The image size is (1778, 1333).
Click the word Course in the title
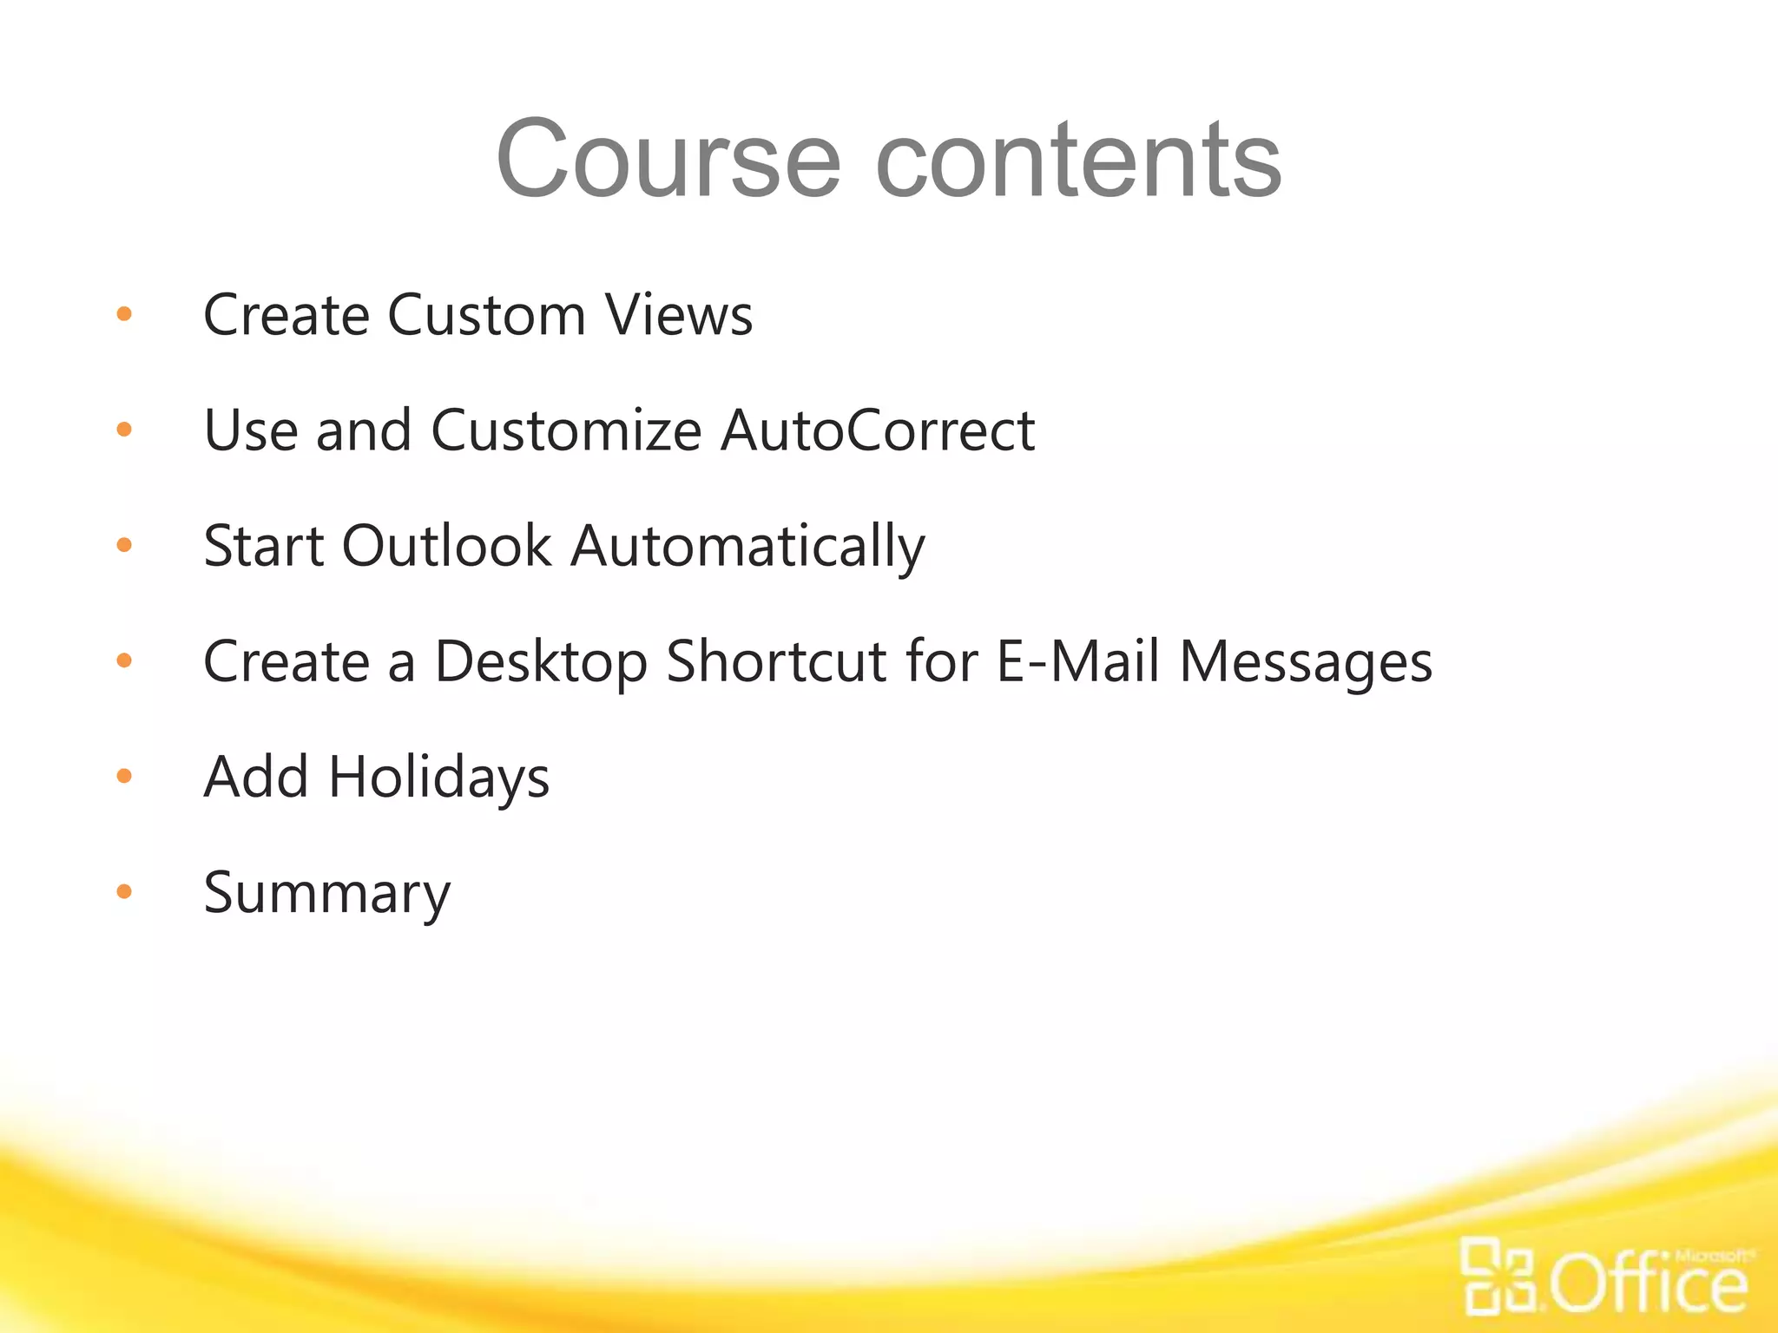(x=668, y=160)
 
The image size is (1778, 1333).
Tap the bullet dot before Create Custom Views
(x=124, y=313)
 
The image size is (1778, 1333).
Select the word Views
(x=679, y=314)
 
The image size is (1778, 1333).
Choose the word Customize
(x=566, y=430)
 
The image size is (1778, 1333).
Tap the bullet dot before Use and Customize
(x=124, y=429)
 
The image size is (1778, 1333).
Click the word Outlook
(x=446, y=546)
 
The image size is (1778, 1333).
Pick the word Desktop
(x=540, y=662)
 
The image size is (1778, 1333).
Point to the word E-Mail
(x=1077, y=661)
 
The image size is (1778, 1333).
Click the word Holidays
(x=438, y=777)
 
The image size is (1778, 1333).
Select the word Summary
(x=326, y=894)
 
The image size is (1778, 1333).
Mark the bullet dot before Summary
(x=124, y=891)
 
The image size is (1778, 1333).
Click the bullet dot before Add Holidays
(x=124, y=776)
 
